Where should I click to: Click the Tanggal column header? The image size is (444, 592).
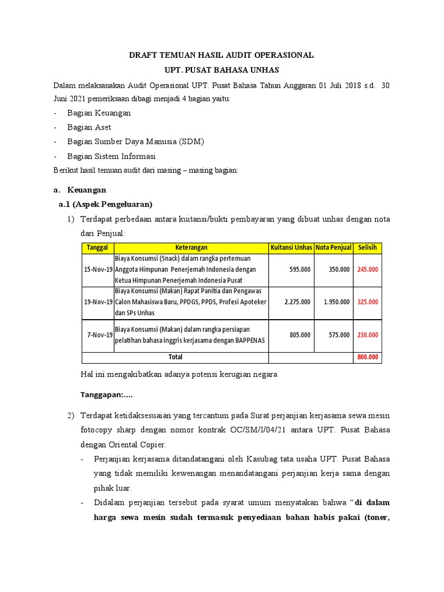(x=98, y=248)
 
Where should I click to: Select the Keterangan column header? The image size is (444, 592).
(x=191, y=248)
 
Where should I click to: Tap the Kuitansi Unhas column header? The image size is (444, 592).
(x=291, y=248)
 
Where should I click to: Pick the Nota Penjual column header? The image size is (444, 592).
(x=334, y=248)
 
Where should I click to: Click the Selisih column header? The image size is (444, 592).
(x=367, y=248)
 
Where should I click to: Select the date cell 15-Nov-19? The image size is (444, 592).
(x=98, y=269)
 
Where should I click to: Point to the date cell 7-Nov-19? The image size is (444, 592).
(x=100, y=335)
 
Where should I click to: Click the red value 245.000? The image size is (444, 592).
(x=368, y=269)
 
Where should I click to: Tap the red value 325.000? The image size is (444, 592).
(x=368, y=302)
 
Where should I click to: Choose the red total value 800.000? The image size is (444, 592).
(x=368, y=357)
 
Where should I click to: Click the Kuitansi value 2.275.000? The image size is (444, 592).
(x=297, y=302)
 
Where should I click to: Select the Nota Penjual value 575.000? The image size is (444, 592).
(x=339, y=335)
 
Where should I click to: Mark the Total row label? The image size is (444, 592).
(x=175, y=357)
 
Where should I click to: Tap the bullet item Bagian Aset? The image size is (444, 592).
(x=89, y=127)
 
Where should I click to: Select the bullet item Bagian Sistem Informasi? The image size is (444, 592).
(x=111, y=156)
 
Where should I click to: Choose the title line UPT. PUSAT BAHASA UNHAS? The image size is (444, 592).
(x=221, y=70)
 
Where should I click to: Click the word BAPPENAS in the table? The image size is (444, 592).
(x=250, y=341)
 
